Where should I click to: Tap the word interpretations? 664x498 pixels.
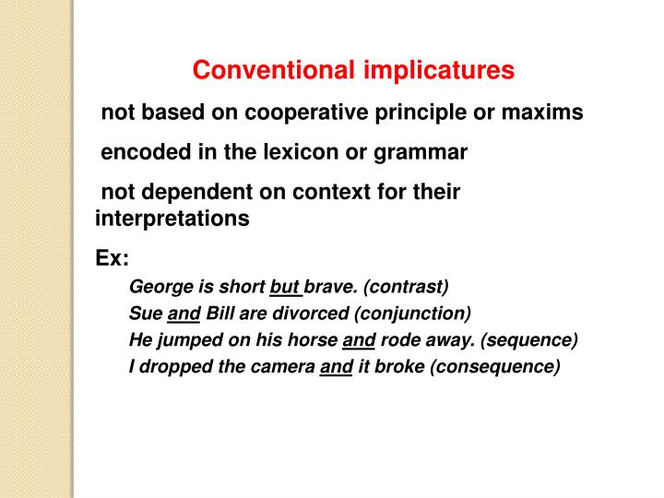click(172, 219)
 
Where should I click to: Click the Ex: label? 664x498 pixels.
click(112, 259)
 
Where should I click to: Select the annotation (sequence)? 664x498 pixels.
click(529, 339)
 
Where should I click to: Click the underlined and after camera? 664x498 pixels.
click(336, 366)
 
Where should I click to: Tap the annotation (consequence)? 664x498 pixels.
click(489, 366)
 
